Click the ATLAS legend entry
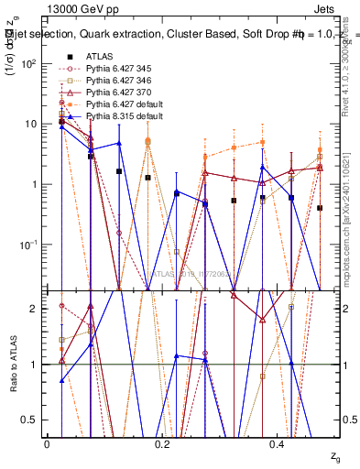click(x=100, y=57)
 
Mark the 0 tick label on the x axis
click(x=47, y=444)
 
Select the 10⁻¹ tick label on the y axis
click(x=27, y=245)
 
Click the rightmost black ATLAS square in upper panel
click(x=320, y=208)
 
